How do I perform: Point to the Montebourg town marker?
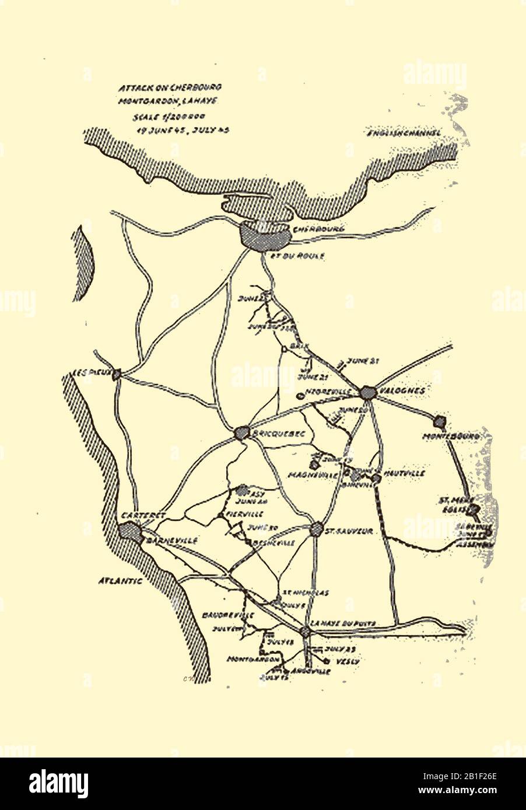click(440, 420)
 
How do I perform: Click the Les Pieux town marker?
click(117, 374)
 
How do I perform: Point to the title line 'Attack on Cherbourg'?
click(170, 87)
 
